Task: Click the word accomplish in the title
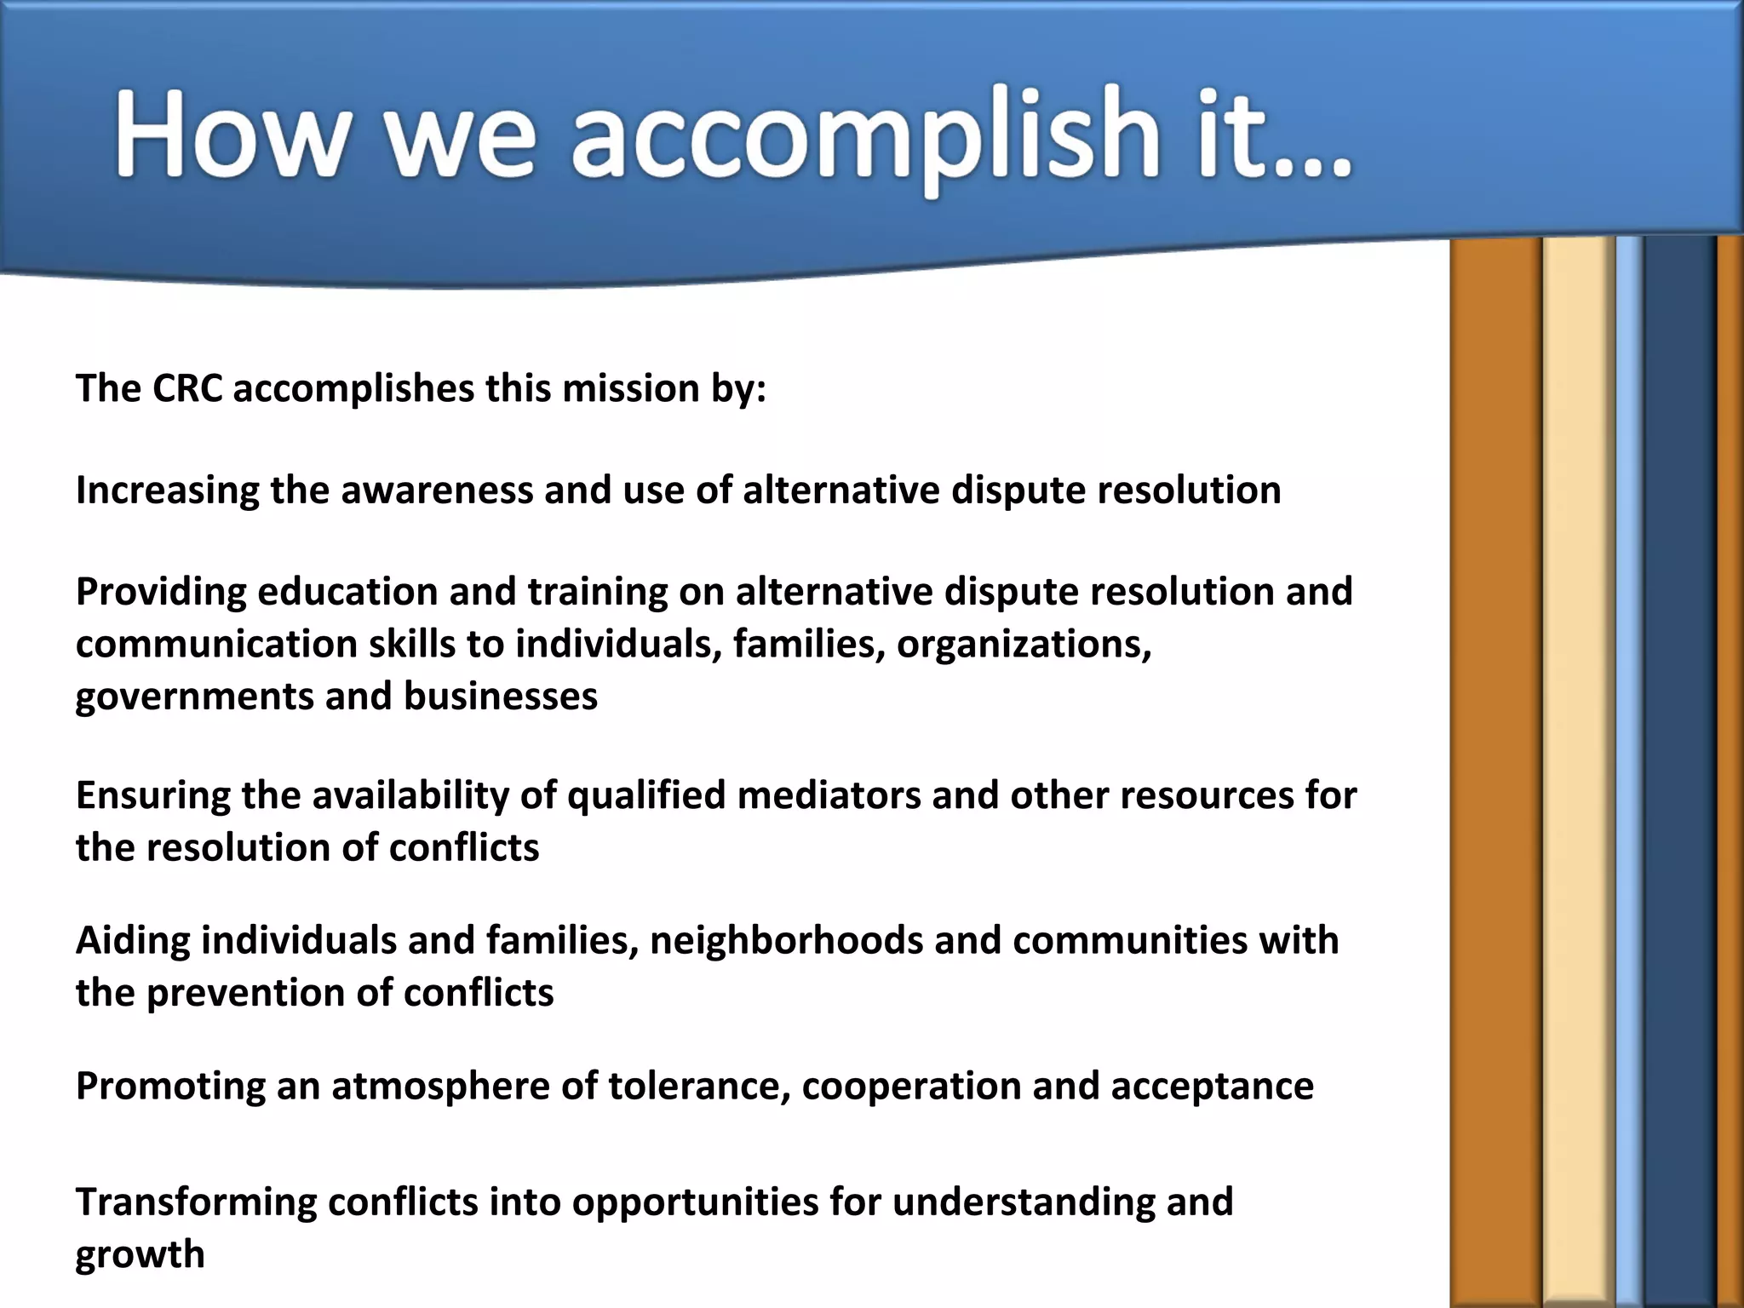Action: [x=864, y=136]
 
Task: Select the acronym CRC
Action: [x=187, y=388]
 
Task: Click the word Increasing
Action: [x=167, y=490]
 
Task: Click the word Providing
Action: [x=160, y=592]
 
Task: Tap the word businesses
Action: [x=501, y=696]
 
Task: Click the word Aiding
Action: [x=133, y=940]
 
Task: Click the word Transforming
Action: [x=196, y=1202]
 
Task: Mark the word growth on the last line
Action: [x=141, y=1255]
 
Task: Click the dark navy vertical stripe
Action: [x=1678, y=766]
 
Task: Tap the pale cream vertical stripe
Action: [x=1578, y=766]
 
